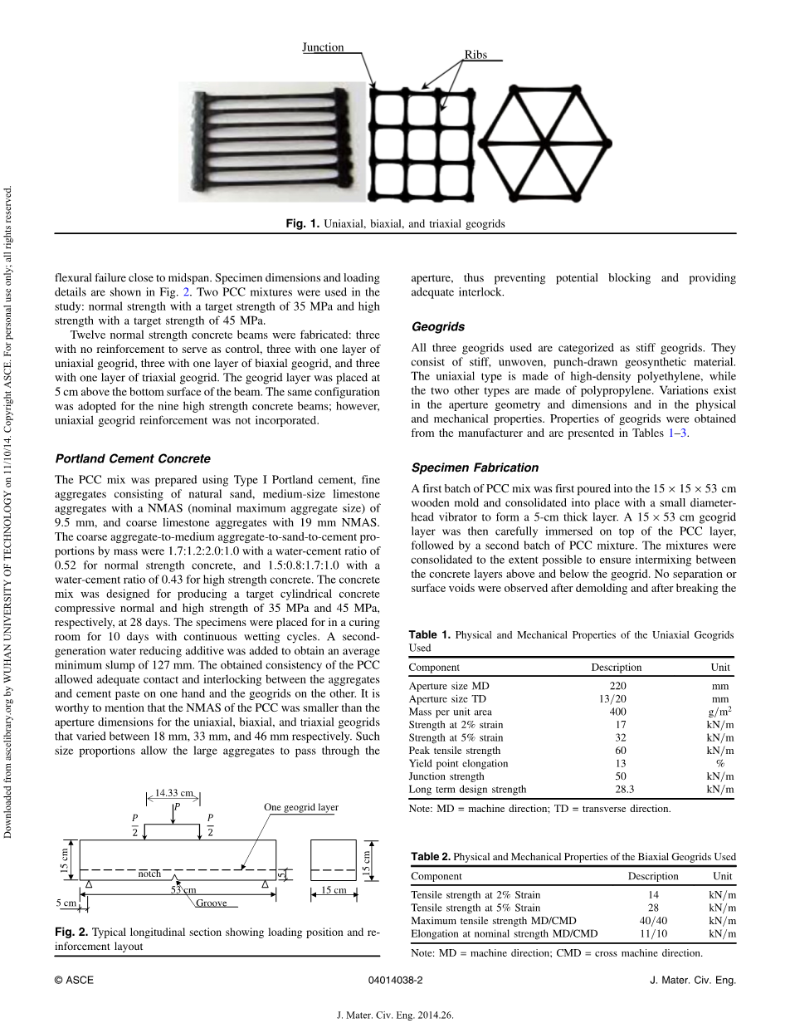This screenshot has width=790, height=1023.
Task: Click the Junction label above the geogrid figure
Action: (323, 48)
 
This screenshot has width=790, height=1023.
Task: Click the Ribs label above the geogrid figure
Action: (475, 56)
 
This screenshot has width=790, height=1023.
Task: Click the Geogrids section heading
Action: (438, 327)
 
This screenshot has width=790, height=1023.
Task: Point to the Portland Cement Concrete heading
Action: (133, 458)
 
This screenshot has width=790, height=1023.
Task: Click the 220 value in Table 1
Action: (617, 686)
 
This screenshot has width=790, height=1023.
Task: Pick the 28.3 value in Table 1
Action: (619, 790)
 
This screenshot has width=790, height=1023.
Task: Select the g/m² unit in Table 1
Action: (719, 712)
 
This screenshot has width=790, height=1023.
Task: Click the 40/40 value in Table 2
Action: (652, 920)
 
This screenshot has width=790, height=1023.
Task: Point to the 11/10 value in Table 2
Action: (652, 933)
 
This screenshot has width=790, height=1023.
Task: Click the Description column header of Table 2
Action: (653, 876)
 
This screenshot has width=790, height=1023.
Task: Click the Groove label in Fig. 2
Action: (212, 903)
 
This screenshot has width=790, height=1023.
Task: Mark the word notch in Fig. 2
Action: (149, 874)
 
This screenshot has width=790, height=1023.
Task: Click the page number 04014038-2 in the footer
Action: (395, 980)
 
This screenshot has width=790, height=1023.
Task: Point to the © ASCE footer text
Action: (74, 980)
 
